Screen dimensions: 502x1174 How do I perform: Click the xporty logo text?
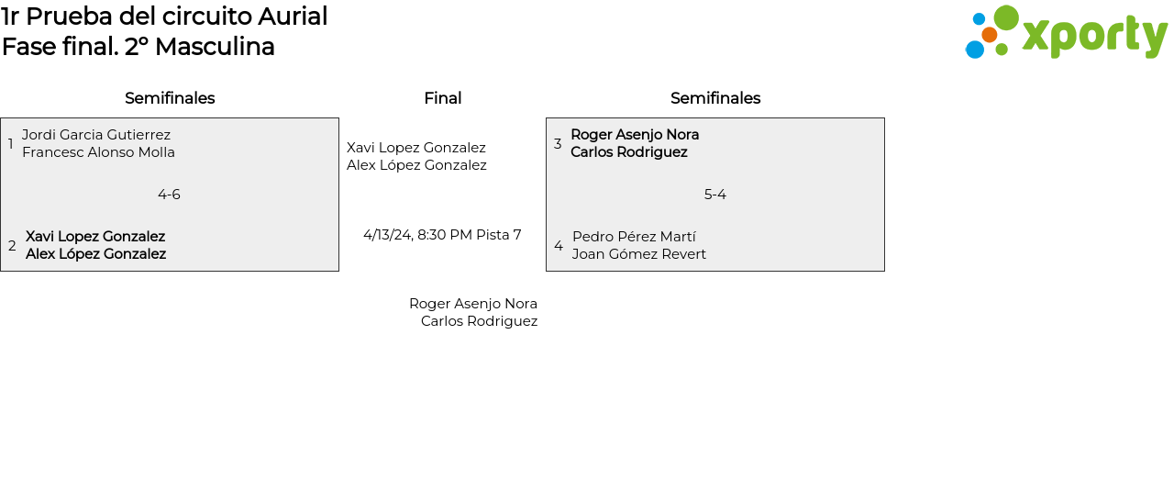1094,37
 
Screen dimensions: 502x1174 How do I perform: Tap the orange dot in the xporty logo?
989,35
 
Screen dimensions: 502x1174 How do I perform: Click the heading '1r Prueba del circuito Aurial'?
164,17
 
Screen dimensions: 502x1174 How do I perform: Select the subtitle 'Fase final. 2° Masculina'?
138,47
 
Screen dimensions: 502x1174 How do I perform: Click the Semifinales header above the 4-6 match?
170,98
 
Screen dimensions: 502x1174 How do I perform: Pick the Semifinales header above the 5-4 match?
715,98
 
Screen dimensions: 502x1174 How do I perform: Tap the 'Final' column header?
442,98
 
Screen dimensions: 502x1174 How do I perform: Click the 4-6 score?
169,195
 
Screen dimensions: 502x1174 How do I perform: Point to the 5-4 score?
715,195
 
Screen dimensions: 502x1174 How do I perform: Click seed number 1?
11,144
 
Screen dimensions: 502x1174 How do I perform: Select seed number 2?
12,246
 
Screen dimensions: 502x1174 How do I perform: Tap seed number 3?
558,144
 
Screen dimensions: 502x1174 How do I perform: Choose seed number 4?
559,246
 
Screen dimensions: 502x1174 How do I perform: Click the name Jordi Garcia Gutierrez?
96,135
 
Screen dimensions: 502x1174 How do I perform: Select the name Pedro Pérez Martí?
634,237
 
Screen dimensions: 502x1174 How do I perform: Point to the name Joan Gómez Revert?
639,254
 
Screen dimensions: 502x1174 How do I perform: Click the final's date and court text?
442,235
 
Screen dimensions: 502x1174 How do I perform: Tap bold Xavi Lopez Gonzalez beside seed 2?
95,237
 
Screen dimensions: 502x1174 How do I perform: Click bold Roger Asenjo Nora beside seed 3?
635,135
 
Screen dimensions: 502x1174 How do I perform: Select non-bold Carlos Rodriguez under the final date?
479,321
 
